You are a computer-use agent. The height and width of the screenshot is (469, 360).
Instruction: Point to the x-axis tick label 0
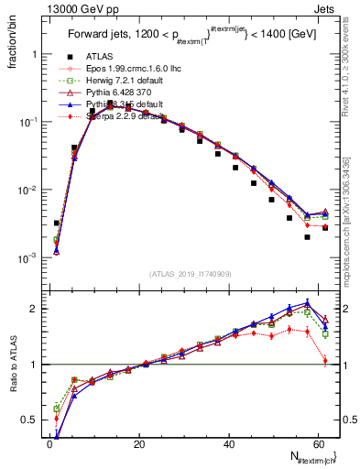click(49, 443)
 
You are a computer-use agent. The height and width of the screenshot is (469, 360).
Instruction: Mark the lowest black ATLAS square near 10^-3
click(308, 237)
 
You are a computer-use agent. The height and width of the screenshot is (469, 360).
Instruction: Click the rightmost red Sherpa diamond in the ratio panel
click(325, 361)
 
